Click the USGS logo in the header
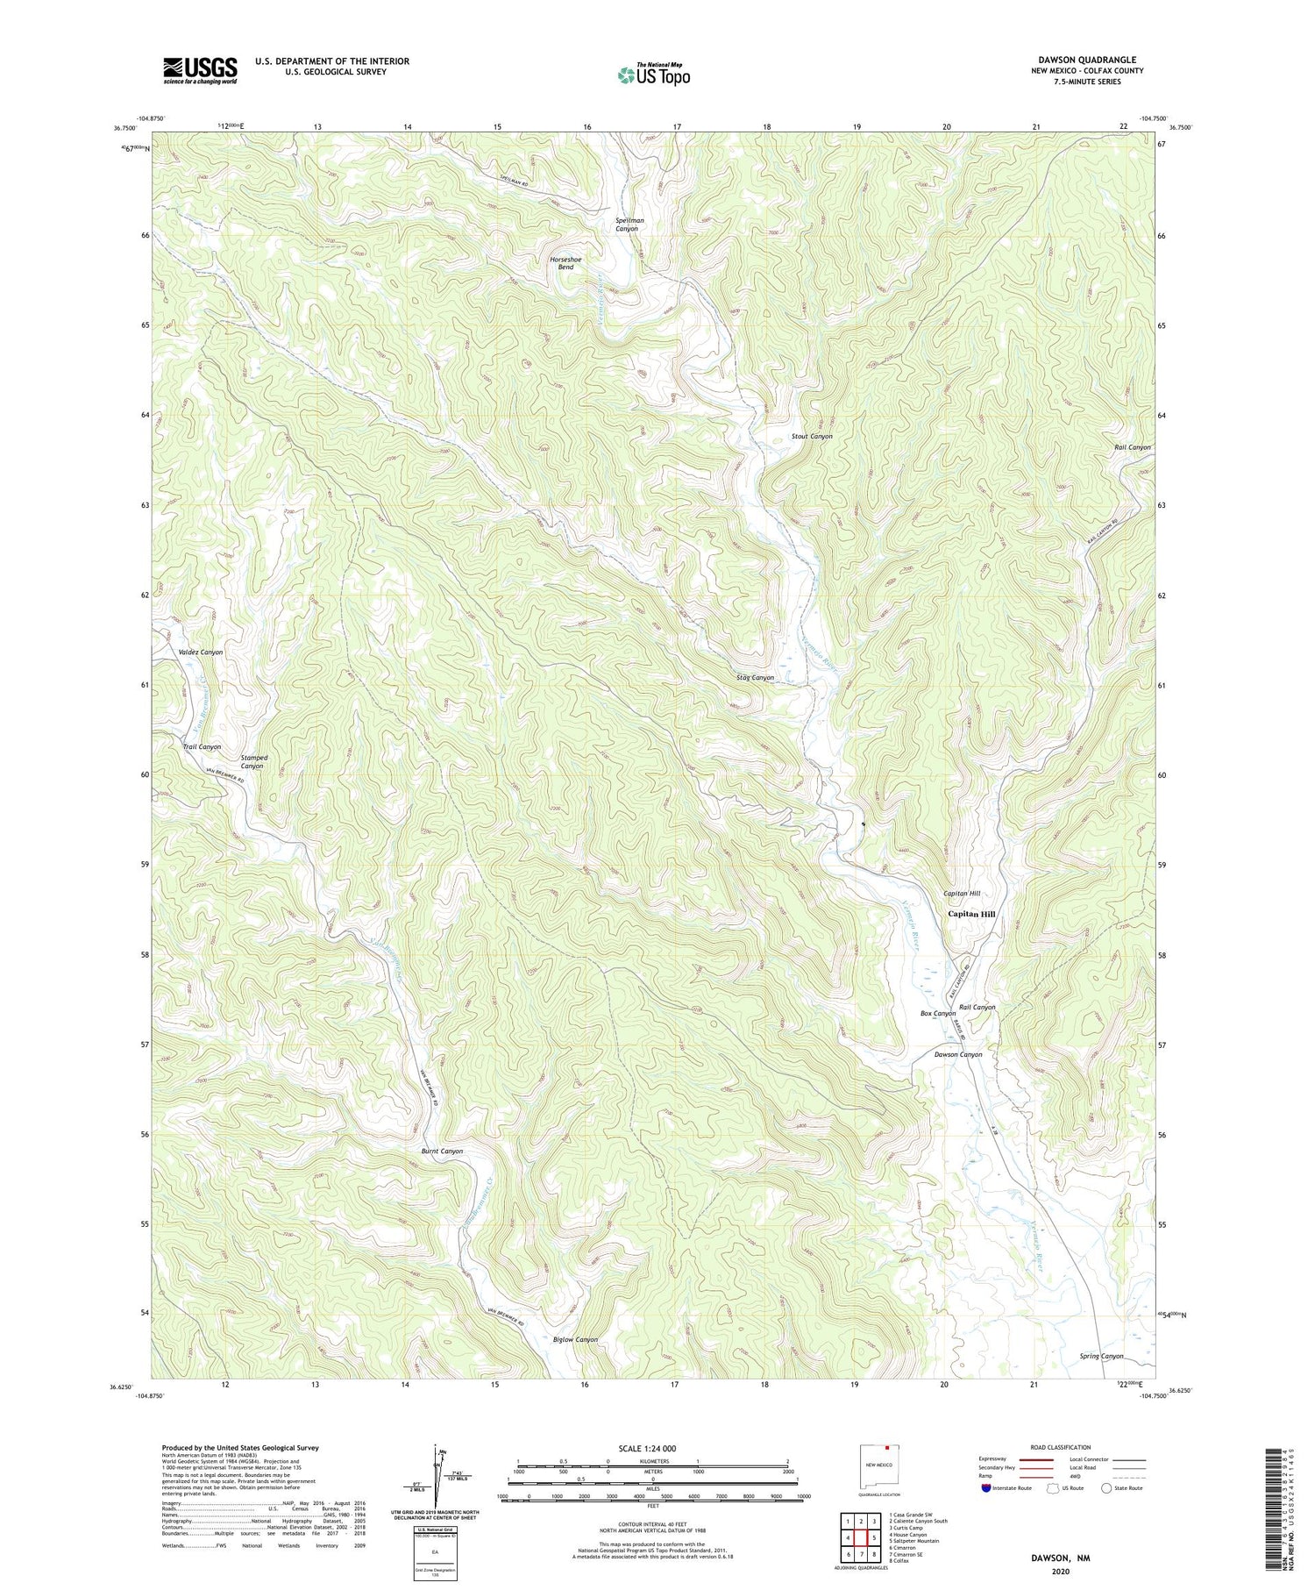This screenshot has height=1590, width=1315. pyautogui.click(x=200, y=70)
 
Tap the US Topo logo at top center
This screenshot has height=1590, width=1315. pyautogui.click(x=653, y=75)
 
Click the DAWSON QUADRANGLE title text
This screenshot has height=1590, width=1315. pyautogui.click(x=1087, y=60)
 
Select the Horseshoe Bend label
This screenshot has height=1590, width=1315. pyautogui.click(x=565, y=263)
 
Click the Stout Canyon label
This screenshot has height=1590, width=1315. pyautogui.click(x=812, y=436)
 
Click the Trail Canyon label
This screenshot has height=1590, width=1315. pyautogui.click(x=202, y=746)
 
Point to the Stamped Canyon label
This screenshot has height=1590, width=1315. pyautogui.click(x=254, y=761)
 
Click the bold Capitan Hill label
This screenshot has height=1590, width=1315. pyautogui.click(x=971, y=914)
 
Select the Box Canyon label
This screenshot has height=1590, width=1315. pyautogui.click(x=937, y=1013)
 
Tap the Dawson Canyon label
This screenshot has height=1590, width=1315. pyautogui.click(x=957, y=1054)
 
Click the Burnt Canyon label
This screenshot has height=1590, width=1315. pyautogui.click(x=442, y=1151)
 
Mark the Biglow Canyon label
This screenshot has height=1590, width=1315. pyautogui.click(x=575, y=1339)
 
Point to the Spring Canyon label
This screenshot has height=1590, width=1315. pyautogui.click(x=1101, y=1356)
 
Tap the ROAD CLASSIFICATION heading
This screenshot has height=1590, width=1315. pyautogui.click(x=1061, y=1447)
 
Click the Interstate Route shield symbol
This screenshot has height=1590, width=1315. pyautogui.click(x=987, y=1488)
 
